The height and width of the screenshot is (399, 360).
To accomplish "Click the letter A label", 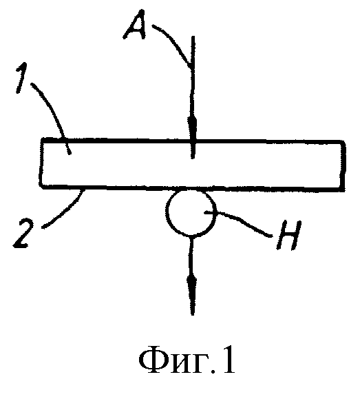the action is click(x=135, y=25).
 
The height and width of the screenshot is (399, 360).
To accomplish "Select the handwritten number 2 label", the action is click(x=23, y=234).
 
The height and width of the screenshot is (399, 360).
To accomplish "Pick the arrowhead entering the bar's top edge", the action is click(x=193, y=128).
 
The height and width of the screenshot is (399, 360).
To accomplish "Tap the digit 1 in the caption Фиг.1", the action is click(x=228, y=360).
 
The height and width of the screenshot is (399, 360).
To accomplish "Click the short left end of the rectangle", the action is click(x=41, y=163).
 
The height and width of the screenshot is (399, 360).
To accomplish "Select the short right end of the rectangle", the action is click(x=343, y=165).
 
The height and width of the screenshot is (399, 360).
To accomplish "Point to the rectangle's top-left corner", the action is click(x=42, y=140).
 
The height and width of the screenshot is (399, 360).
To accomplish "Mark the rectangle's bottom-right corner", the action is click(x=343, y=189).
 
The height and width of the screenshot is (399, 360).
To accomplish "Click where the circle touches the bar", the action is click(x=191, y=190).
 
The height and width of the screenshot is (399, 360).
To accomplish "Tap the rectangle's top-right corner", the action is click(x=343, y=142).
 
